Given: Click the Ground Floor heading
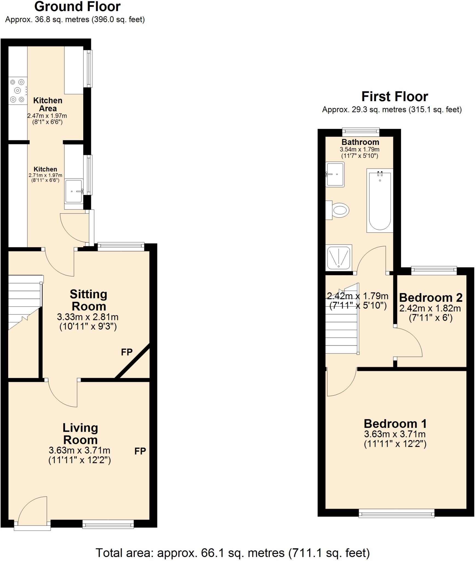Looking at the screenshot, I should point(77,7).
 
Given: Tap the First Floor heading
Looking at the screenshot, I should point(395,96).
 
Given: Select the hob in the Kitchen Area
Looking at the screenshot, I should point(18,91).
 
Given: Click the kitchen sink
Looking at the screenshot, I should point(74,191).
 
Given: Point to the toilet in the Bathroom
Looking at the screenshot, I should point(339,210).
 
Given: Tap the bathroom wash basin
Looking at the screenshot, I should point(335,174).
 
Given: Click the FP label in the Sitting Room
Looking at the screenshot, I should point(127,352).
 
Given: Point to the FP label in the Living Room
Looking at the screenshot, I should point(140,451).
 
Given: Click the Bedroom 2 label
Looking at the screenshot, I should point(431,297).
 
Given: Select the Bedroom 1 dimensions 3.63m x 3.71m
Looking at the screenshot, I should point(395,434).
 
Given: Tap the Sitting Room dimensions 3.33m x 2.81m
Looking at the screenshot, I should point(88,317).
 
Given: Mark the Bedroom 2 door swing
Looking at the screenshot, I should point(408,342).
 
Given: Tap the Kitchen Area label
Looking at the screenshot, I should point(48,104).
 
